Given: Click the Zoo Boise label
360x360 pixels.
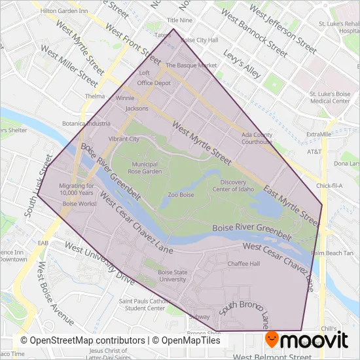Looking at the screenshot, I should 181,195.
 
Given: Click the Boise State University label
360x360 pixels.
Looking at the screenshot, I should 173,276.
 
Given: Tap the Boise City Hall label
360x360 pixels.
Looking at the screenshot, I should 199,40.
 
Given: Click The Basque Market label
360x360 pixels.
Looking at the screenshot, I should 190,65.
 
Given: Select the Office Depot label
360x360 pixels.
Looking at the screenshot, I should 154,83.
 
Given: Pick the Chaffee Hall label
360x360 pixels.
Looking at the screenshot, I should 244,264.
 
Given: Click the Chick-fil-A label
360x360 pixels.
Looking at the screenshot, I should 330,186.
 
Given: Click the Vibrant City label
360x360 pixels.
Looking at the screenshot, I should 124,139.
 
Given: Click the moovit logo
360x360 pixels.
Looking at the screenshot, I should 306,339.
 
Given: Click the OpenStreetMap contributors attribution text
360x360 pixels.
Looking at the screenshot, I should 83,341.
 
